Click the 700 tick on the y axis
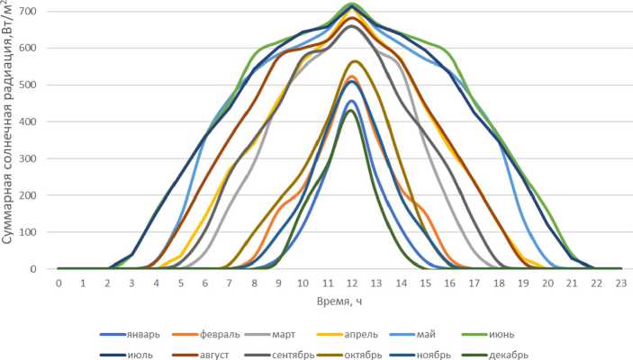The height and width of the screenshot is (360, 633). coord(41,11)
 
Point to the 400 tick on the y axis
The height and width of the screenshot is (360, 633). coord(41,121)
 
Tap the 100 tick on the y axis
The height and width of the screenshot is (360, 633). coord(41,232)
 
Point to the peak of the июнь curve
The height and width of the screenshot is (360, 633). coord(351,4)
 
